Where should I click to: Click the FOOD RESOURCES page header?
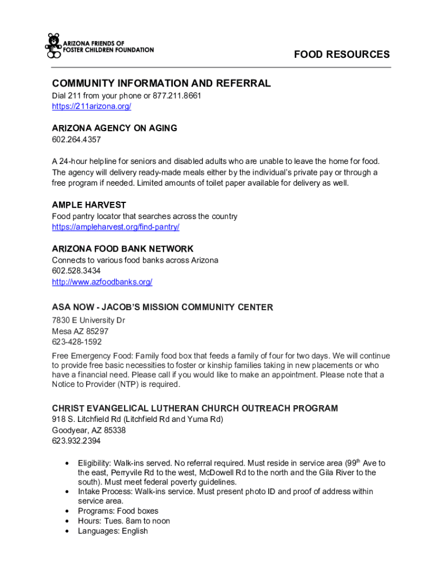pos(342,54)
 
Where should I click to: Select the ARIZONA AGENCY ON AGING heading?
pos(114,128)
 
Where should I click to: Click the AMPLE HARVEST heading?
pos(89,205)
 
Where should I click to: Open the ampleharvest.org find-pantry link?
pos(115,227)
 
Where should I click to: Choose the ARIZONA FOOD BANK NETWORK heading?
pos(123,249)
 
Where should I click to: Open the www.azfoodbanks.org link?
pos(102,282)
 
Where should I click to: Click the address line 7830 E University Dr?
pos(88,320)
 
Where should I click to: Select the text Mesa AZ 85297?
pos(80,331)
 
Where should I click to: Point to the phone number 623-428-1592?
pos(77,342)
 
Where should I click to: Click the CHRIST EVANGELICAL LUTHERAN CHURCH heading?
pos(195,408)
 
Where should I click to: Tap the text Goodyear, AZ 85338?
pos(89,430)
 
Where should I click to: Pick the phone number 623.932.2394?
pos(76,441)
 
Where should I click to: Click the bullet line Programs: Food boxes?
pos(118,511)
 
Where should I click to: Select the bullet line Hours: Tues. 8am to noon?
pos(124,521)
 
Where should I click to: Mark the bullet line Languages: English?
pos(113,531)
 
